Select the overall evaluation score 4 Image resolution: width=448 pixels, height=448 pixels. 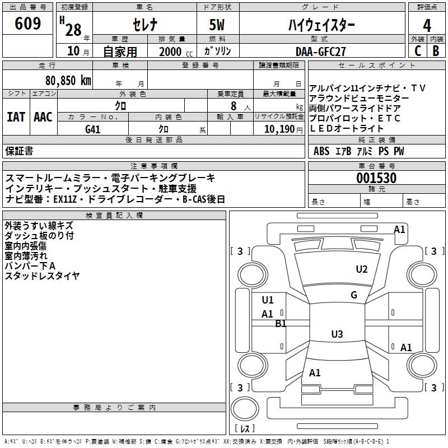click(x=427, y=25)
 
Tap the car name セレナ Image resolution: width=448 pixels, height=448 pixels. click(x=144, y=25)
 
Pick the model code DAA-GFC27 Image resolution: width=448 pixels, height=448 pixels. click(x=321, y=51)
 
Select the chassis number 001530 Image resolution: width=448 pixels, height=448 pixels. click(x=376, y=179)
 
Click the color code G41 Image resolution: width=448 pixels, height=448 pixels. click(x=93, y=129)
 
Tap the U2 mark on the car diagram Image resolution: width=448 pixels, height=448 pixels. click(x=362, y=269)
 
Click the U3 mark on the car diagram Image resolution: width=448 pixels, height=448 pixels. click(x=337, y=334)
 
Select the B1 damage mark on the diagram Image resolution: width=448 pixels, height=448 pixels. click(x=281, y=323)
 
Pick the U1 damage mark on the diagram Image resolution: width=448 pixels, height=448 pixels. click(x=268, y=300)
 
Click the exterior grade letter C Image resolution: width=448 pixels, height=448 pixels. click(x=417, y=51)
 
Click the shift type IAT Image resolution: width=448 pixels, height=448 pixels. click(x=16, y=117)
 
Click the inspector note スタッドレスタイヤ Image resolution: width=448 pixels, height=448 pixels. click(x=42, y=276)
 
